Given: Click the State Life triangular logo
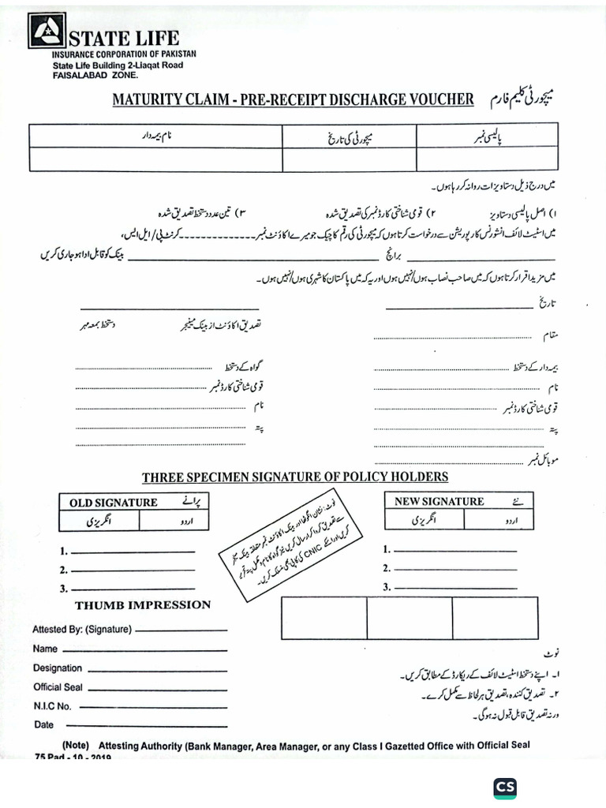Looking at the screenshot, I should (x=47, y=32).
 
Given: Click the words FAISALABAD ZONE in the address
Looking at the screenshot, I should (x=95, y=76).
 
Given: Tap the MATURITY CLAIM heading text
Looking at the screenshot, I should (x=293, y=99).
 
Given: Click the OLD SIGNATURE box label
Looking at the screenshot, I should (x=114, y=502).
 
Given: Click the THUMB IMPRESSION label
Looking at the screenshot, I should (x=143, y=605).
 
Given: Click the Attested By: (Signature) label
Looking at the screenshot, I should (x=81, y=630).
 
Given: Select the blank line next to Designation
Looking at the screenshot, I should (x=157, y=668).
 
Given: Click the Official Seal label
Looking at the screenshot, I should (x=58, y=687).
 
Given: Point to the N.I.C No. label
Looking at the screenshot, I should (x=53, y=706).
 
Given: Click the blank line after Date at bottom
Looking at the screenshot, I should (x=146, y=725).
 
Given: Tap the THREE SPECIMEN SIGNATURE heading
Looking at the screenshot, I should (x=295, y=477).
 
